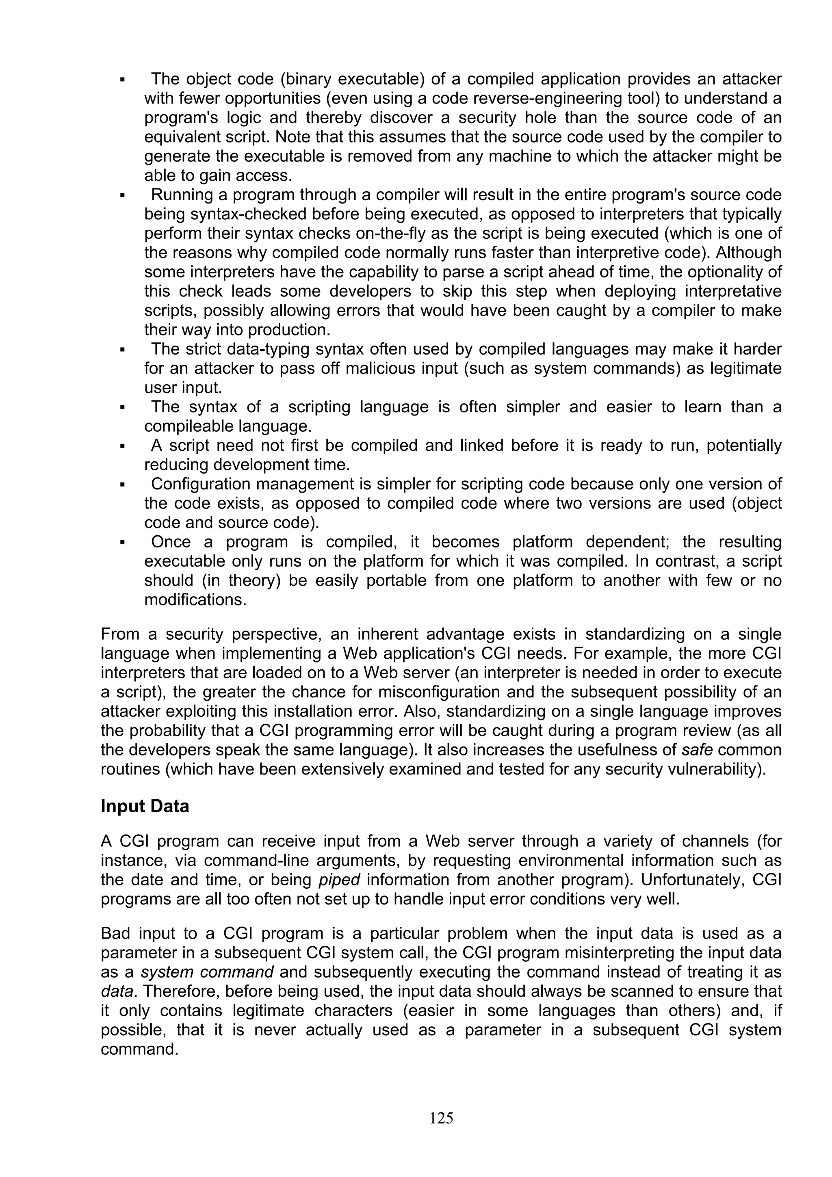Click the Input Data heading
[145, 806]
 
